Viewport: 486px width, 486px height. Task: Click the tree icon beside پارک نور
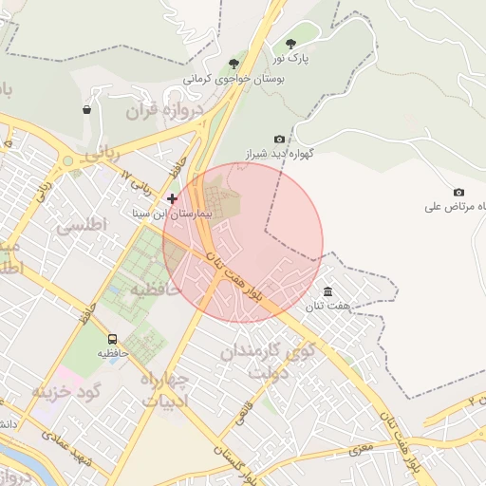tap(290, 43)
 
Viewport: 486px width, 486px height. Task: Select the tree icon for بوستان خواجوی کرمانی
tap(234, 64)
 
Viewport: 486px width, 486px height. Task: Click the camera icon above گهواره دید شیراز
tap(279, 139)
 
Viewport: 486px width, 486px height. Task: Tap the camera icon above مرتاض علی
tap(459, 192)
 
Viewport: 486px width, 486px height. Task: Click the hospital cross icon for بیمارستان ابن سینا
tap(172, 198)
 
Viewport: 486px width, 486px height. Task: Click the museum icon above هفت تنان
tap(327, 291)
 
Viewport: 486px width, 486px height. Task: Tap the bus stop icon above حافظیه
tap(113, 339)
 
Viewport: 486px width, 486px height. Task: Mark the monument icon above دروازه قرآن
tap(87, 109)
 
